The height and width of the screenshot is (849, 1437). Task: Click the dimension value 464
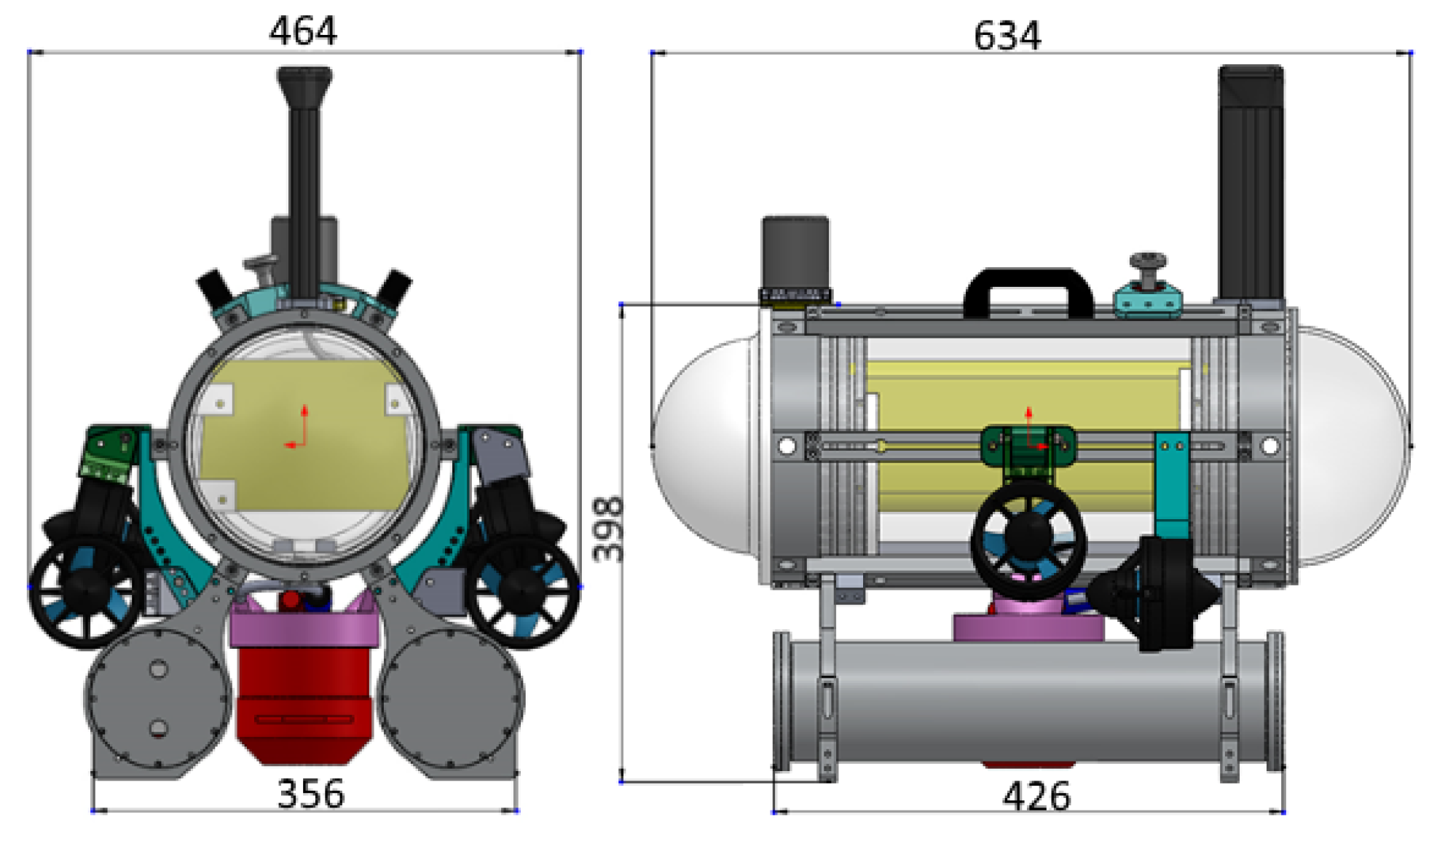pos(303,31)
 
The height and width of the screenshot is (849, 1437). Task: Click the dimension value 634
pos(1007,36)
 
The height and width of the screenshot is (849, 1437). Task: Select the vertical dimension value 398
pos(608,529)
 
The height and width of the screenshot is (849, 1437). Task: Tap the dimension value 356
pos(310,794)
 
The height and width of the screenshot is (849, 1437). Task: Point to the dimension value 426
pos(1036,797)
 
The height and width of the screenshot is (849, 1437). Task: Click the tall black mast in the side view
pos(1251,182)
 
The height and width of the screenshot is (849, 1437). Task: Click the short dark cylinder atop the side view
pos(795,251)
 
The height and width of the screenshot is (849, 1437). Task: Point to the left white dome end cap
pos(703,448)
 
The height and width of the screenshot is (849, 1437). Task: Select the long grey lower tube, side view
pos(1027,703)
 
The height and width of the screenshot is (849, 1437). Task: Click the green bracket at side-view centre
pos(1028,446)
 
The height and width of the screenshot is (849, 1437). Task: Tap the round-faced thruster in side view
pos(1028,539)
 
